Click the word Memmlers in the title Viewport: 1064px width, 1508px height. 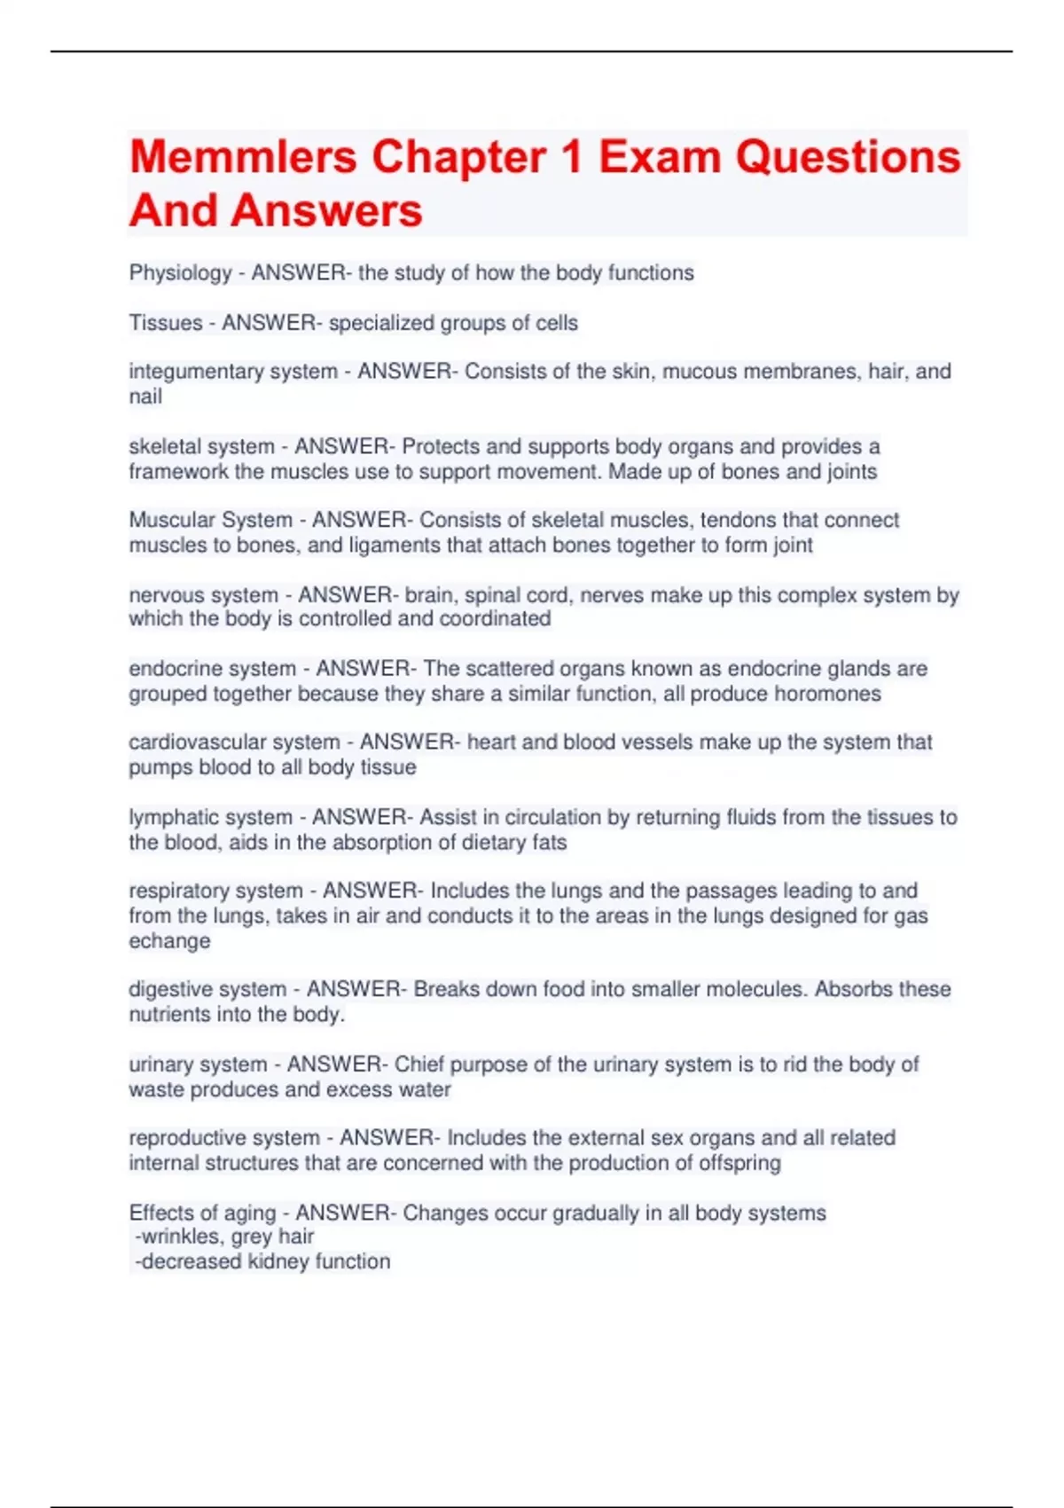tap(243, 157)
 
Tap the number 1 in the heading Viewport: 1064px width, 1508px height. tap(571, 157)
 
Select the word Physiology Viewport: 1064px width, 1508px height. tap(180, 273)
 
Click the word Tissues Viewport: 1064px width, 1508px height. tap(166, 323)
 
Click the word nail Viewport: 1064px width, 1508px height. tap(145, 397)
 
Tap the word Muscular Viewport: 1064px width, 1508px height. tap(167, 520)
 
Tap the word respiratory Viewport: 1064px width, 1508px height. tap(176, 891)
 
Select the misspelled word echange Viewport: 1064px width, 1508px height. tap(169, 941)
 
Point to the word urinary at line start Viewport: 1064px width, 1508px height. tap(159, 1064)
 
